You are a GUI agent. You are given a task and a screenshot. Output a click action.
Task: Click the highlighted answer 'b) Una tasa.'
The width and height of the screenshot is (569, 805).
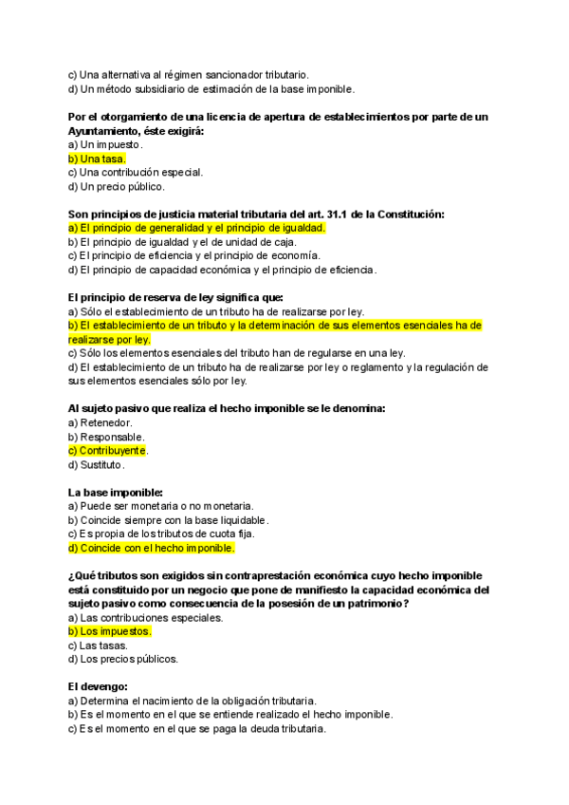pyautogui.click(x=97, y=159)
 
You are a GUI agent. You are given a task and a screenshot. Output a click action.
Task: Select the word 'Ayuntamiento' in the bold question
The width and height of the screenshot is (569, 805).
pyautogui.click(x=103, y=131)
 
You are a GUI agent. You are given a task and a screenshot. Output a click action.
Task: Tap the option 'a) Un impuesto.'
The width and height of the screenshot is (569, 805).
pyautogui.click(x=105, y=144)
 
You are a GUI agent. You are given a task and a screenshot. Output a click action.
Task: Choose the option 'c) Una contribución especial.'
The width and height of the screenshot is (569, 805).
pyautogui.click(x=135, y=173)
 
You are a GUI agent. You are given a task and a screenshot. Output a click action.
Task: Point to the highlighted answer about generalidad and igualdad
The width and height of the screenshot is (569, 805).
pyautogui.click(x=197, y=228)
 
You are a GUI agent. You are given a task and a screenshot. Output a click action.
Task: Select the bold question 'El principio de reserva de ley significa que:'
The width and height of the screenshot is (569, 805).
pyautogui.click(x=169, y=297)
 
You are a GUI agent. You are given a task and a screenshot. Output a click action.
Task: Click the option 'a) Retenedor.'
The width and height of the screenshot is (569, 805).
pyautogui.click(x=101, y=422)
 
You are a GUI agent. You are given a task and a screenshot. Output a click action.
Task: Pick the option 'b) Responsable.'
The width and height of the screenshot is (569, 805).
pyautogui.click(x=106, y=437)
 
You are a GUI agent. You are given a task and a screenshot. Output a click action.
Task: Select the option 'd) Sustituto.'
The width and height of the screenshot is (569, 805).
pyautogui.click(x=97, y=464)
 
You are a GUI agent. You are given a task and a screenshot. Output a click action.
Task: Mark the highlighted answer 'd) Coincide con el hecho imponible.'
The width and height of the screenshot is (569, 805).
pyautogui.click(x=151, y=548)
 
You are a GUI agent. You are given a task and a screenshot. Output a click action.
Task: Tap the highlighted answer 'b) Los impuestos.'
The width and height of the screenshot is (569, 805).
pyautogui.click(x=109, y=630)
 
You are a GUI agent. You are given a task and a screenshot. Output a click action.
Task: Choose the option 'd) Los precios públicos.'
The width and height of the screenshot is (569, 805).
pyautogui.click(x=122, y=658)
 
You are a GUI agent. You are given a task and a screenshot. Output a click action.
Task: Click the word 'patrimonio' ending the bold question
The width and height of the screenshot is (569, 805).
pyautogui.click(x=373, y=603)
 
